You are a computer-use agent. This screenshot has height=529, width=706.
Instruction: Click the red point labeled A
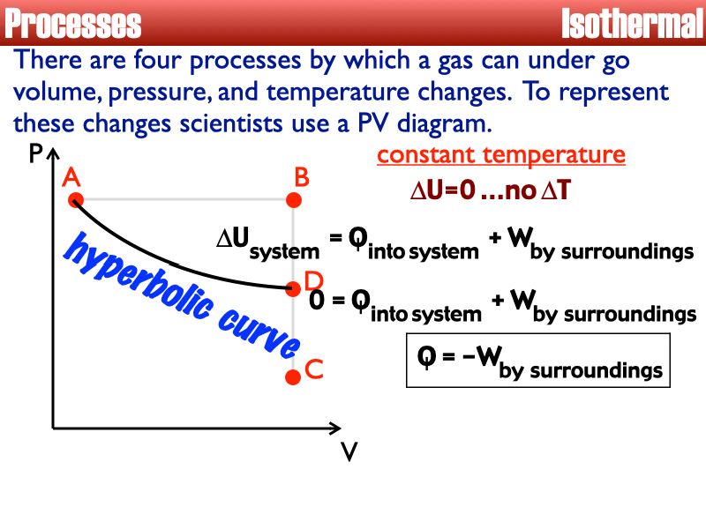76,200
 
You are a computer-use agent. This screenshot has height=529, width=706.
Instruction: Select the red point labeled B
294,200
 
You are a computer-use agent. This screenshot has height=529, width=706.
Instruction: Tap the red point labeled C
293,377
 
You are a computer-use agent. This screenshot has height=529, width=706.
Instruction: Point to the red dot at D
293,289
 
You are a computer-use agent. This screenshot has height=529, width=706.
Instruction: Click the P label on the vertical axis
35,153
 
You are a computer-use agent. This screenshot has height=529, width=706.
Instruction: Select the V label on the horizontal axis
349,451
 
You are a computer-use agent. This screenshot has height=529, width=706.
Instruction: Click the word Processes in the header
73,24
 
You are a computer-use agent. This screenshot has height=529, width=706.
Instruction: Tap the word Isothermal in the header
633,24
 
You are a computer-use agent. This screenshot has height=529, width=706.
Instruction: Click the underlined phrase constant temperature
501,155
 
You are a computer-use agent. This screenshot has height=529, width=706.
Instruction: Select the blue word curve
259,334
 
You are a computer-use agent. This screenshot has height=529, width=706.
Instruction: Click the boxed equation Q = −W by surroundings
538,361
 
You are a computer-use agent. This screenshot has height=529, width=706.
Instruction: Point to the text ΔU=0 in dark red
443,190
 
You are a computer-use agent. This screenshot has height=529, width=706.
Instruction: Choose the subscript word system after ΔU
284,251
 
